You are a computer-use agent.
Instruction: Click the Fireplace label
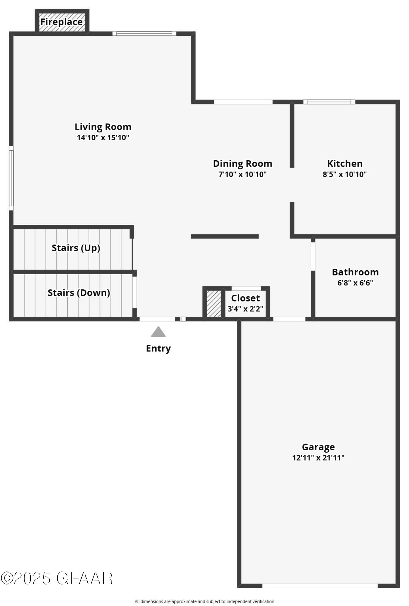coord(62,22)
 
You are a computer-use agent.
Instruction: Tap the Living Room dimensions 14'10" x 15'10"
coord(103,138)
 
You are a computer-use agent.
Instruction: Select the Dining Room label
coord(242,164)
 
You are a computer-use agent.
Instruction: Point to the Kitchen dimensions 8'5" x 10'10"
coord(345,174)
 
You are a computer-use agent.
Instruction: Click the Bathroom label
coord(355,272)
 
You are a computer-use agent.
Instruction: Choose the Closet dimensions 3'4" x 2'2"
coord(245,309)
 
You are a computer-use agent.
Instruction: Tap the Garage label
coord(318,447)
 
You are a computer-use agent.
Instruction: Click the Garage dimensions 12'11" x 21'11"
coord(318,458)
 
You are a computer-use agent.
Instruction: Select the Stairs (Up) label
coord(76,248)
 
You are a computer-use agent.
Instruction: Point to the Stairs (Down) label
coord(79,293)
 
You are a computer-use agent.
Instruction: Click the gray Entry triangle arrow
coord(158,332)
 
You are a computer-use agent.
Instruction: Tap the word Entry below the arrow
coord(158,348)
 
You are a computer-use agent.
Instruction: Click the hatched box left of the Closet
coord(214,304)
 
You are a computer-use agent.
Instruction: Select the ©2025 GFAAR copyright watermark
coord(56,578)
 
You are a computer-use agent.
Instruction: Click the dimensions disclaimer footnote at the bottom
coord(204,601)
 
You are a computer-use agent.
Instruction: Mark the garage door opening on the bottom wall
coord(320,586)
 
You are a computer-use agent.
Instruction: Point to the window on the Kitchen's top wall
coord(329,102)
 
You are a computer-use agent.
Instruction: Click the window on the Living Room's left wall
coord(11,178)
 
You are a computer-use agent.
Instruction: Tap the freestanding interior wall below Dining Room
coord(225,236)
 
